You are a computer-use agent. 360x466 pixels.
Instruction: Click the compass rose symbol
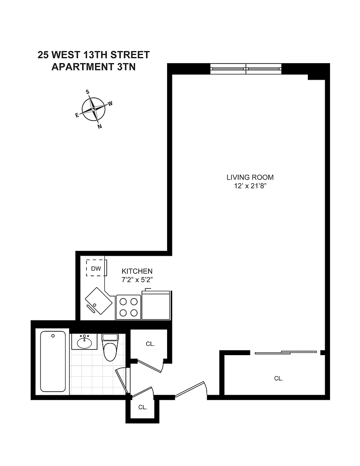tap(93, 109)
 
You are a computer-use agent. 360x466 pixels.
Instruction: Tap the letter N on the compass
tap(100, 126)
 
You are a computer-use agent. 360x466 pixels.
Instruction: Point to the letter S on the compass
tap(88, 92)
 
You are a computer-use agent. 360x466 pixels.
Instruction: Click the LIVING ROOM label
tap(250, 178)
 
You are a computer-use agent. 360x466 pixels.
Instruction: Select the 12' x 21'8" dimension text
tap(250, 186)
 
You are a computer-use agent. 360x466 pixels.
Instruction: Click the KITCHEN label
tap(137, 271)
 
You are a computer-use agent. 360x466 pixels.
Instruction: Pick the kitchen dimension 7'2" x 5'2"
tap(137, 280)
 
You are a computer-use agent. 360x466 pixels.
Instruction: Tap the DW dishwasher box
tap(96, 268)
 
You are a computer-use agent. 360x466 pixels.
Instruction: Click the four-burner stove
tap(128, 307)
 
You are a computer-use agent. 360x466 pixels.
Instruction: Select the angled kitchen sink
tap(99, 301)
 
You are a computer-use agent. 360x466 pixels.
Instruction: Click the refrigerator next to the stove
tap(156, 305)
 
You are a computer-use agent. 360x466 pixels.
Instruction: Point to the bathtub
tap(53, 362)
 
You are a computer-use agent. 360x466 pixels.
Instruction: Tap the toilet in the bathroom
tap(110, 347)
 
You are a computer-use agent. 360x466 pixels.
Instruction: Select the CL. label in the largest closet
tap(279, 378)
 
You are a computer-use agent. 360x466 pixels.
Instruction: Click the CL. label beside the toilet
tap(150, 344)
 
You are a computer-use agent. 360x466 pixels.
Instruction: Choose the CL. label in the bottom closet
tap(143, 407)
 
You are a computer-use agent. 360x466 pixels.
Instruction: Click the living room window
tap(246, 69)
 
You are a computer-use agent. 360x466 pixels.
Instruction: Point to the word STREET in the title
tap(130, 55)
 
